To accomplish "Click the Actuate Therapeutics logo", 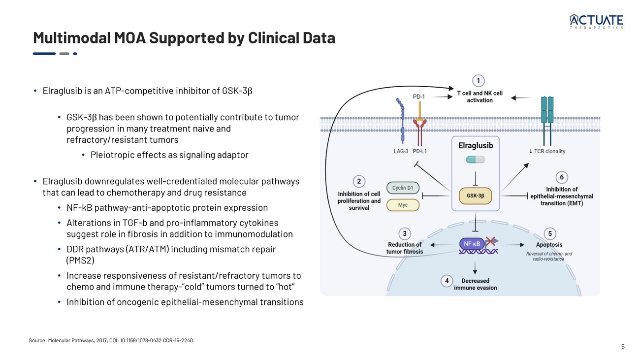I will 596,22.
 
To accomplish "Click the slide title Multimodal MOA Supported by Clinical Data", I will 184,38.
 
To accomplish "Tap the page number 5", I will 623,347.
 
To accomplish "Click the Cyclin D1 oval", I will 403,188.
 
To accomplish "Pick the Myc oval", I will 403,205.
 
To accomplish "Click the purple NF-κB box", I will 471,243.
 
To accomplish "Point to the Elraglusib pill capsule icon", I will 475,160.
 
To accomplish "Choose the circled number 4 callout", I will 447,281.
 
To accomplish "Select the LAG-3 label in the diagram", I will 400,151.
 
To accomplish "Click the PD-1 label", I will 419,97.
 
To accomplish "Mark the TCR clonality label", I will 546,151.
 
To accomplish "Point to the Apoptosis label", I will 549,244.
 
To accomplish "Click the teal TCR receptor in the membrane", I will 547,111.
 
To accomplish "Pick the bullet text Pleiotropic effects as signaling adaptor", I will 169,155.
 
